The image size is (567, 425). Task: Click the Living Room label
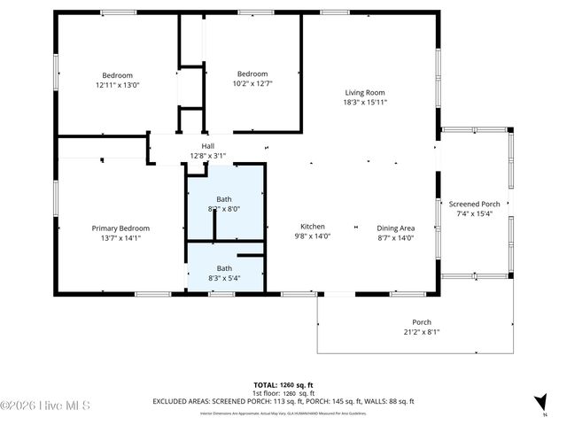tap(364, 92)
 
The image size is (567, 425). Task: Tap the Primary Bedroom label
tap(120, 228)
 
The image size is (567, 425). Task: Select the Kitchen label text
tap(312, 227)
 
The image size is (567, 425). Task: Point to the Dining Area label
tap(395, 228)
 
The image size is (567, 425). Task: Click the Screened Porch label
tap(474, 204)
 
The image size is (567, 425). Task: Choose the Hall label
tap(208, 146)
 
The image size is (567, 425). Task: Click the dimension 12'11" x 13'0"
tap(118, 85)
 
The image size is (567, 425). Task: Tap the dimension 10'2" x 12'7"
tap(252, 84)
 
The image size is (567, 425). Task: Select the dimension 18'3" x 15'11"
tap(364, 102)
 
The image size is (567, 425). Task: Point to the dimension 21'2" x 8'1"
tap(421, 332)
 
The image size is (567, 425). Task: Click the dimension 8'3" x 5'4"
tap(224, 278)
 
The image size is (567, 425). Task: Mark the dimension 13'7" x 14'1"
tap(120, 237)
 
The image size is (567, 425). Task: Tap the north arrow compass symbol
tap(541, 403)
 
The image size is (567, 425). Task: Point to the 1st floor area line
tap(283, 393)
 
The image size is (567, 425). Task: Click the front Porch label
tap(421, 321)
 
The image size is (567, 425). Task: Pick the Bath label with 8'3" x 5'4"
tap(224, 268)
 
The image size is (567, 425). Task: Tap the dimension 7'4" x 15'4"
tap(474, 213)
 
